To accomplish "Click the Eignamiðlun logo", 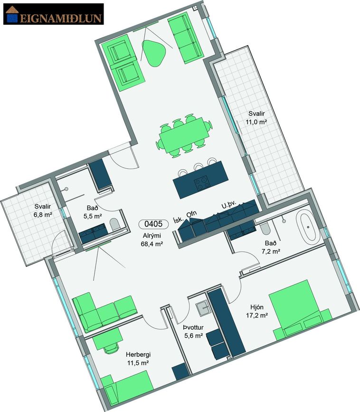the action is pyautogui.click(x=54, y=14).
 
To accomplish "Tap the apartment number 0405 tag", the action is pyautogui.click(x=153, y=224).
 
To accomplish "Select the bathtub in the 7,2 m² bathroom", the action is pyautogui.click(x=308, y=227).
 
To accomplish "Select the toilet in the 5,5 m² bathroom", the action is pyautogui.click(x=114, y=225).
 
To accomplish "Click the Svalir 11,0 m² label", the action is pyautogui.click(x=256, y=118).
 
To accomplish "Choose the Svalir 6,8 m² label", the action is pyautogui.click(x=43, y=211).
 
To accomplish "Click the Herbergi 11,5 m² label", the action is pyautogui.click(x=138, y=359).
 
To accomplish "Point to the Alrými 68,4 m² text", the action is pyautogui.click(x=152, y=240).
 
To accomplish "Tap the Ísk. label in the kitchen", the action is pyautogui.click(x=178, y=220).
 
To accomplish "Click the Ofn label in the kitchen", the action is pyautogui.click(x=191, y=214).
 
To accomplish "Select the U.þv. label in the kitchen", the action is pyautogui.click(x=229, y=205).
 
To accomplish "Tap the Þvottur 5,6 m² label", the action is pyautogui.click(x=193, y=332).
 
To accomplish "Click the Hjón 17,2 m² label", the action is pyautogui.click(x=257, y=311).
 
